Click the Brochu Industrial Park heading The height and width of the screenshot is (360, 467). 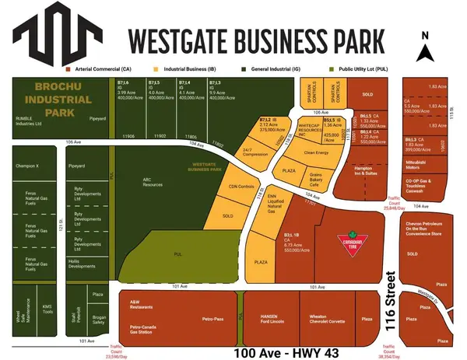click(58, 100)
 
